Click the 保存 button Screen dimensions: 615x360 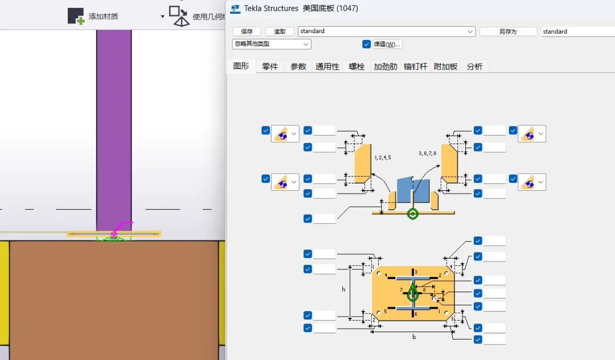[x=247, y=32]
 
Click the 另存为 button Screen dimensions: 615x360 [x=507, y=32]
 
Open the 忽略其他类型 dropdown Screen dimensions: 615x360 [x=272, y=44]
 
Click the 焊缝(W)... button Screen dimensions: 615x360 [x=387, y=44]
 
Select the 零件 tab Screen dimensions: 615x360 [x=270, y=67]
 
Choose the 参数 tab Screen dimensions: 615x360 [x=298, y=67]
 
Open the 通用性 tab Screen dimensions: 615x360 [x=327, y=67]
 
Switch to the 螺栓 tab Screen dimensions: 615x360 [x=356, y=67]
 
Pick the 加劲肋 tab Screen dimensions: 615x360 [x=386, y=67]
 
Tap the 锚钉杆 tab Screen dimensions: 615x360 [x=416, y=67]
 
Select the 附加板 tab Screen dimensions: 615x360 [x=446, y=67]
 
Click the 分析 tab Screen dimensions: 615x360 [x=474, y=67]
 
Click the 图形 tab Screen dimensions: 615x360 [x=241, y=66]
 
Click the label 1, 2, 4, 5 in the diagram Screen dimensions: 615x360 [x=383, y=157]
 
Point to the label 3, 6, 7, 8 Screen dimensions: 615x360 [x=428, y=153]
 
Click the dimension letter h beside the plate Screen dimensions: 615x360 [x=343, y=289]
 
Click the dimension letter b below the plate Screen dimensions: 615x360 [x=414, y=337]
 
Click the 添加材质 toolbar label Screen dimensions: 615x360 [x=103, y=17]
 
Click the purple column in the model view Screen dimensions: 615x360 [x=114, y=125]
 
